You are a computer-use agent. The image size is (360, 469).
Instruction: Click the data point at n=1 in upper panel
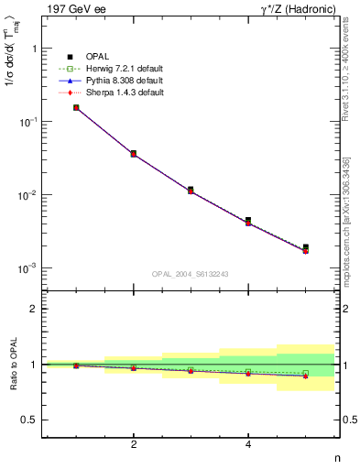(76, 107)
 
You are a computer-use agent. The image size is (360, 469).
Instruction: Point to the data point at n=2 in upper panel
(134, 153)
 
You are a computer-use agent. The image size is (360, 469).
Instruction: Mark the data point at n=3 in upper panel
(191, 190)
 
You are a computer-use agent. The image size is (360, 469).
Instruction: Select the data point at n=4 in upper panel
(248, 221)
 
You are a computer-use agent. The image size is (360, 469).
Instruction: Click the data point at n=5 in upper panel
(306, 247)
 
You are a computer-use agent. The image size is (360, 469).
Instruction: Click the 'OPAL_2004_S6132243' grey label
(191, 273)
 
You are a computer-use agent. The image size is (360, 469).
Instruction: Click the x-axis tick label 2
(134, 445)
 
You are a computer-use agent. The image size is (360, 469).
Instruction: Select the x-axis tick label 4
(248, 445)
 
